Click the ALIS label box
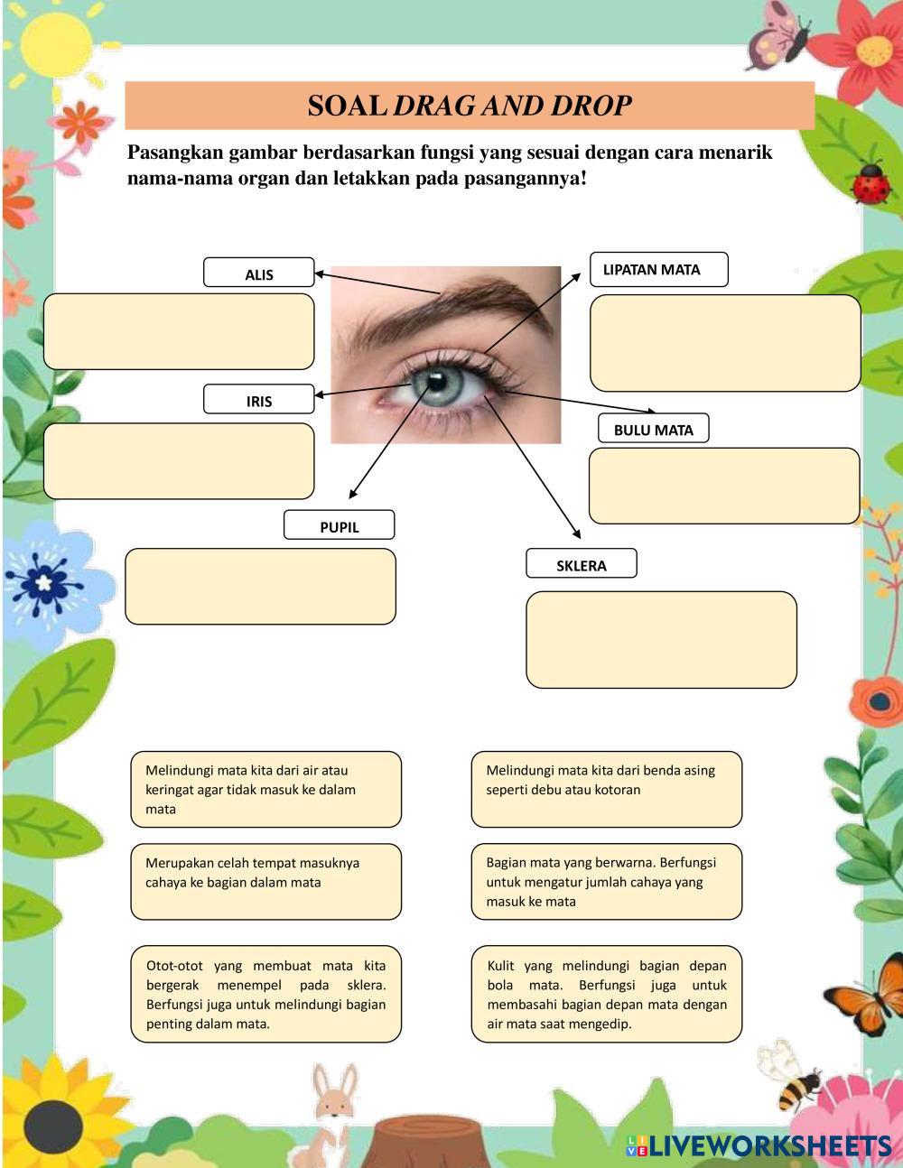pos(259,273)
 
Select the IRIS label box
pos(259,400)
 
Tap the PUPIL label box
pos(340,525)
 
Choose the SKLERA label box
pos(582,564)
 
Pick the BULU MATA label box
pos(654,429)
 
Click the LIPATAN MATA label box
pos(659,269)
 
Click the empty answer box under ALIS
pos(179,331)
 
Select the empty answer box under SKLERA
pos(661,639)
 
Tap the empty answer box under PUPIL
pos(260,586)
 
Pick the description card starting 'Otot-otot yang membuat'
pos(265,994)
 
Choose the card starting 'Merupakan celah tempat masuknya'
pos(265,881)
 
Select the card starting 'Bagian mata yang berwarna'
pos(607,881)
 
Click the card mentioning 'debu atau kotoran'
pos(607,788)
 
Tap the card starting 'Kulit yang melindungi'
pos(607,994)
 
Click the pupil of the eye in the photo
pos(437,381)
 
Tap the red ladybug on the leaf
pos(871,181)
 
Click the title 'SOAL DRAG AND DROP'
pos(470,106)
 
